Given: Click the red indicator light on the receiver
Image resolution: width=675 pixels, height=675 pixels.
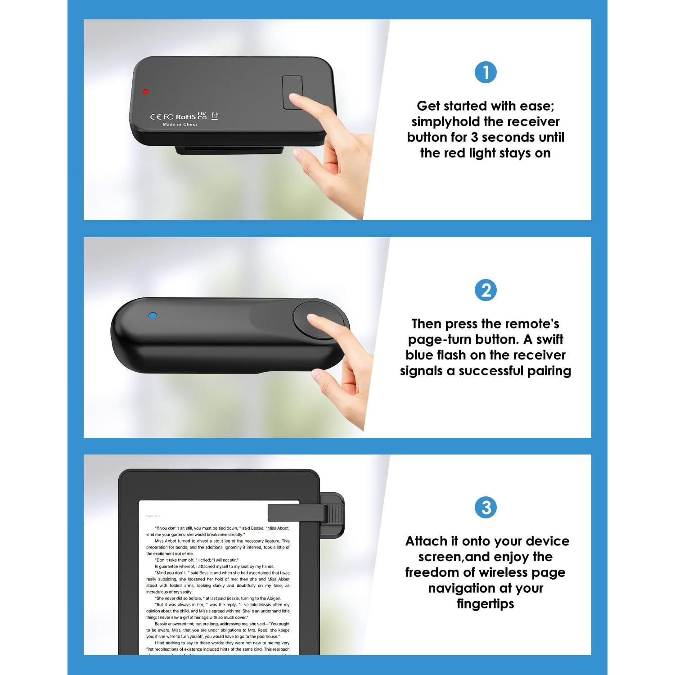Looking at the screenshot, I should [x=145, y=92].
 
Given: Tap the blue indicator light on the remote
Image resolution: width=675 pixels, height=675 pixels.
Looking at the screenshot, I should [x=153, y=315].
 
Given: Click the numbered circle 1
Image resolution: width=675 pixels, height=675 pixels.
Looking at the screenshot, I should [x=486, y=72].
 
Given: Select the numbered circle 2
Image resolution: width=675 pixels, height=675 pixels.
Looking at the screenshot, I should [x=486, y=290].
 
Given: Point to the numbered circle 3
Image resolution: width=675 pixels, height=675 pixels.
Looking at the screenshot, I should [x=486, y=508].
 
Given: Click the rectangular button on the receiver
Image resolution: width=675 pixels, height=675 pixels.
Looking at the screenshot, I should [x=292, y=92].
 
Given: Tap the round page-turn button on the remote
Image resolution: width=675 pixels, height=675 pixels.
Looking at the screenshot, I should [x=319, y=320].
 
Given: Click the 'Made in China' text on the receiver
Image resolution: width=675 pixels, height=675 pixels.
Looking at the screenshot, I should [x=180, y=125].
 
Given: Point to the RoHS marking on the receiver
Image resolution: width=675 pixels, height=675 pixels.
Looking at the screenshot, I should [x=185, y=117].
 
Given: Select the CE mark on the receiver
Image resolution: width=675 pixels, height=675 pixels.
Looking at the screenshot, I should [x=155, y=117].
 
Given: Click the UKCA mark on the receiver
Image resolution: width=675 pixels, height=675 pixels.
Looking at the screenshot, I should [x=202, y=116].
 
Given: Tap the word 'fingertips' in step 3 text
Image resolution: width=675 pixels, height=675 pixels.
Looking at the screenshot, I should [x=485, y=604].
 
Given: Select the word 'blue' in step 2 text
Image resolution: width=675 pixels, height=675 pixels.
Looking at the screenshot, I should [x=421, y=355].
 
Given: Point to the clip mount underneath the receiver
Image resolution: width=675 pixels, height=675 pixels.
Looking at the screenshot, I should [x=229, y=150].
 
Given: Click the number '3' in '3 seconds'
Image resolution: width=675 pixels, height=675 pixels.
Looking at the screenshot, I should [x=474, y=138].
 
